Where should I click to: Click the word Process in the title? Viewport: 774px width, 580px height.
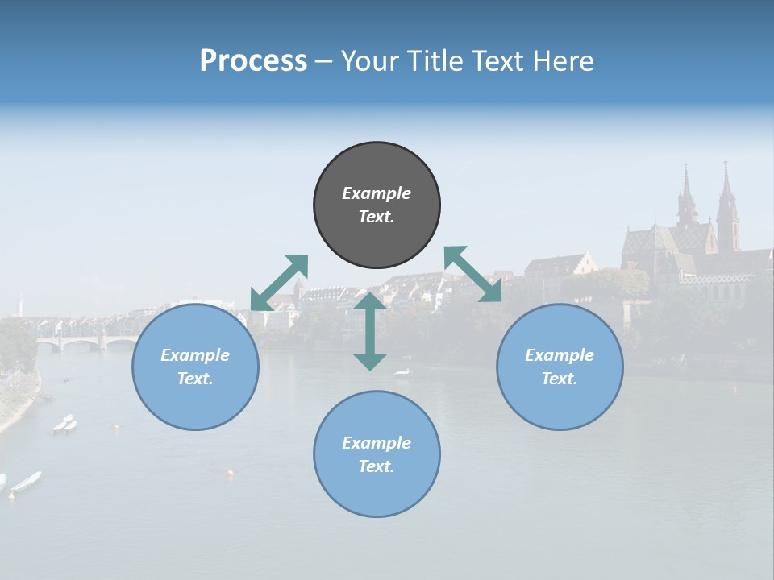pyautogui.click(x=253, y=60)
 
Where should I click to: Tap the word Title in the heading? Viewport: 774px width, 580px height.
pyautogui.click(x=439, y=60)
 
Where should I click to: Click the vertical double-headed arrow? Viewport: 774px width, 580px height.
pyautogui.click(x=370, y=330)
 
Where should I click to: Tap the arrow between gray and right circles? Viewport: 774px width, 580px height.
pyautogui.click(x=472, y=274)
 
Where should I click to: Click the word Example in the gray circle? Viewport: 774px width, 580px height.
pyautogui.click(x=377, y=193)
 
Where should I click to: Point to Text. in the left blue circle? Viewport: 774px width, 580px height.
pyautogui.click(x=195, y=379)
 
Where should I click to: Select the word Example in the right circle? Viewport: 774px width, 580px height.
pyautogui.click(x=560, y=355)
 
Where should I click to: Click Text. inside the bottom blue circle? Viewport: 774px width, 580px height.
pyautogui.click(x=377, y=466)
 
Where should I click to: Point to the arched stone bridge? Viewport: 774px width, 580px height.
pyautogui.click(x=85, y=342)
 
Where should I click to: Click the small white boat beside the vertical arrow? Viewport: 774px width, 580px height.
pyautogui.click(x=402, y=372)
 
